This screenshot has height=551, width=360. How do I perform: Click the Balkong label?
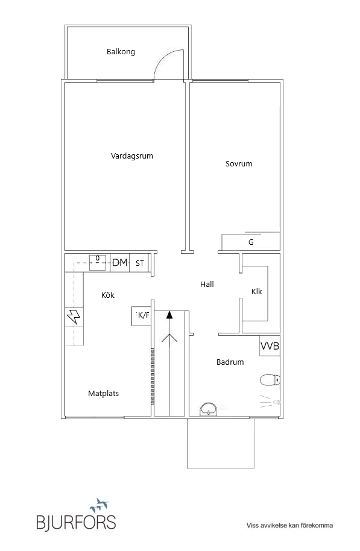point(121,52)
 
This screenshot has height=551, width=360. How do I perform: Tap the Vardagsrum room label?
point(132,156)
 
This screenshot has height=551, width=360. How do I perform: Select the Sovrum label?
point(239,163)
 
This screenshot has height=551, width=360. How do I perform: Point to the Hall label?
point(207,285)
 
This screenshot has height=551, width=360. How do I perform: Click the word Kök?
point(107,295)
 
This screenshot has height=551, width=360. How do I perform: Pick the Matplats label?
point(103,394)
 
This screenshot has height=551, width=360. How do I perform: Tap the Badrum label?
point(230,362)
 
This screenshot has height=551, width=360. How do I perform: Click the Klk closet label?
point(257,291)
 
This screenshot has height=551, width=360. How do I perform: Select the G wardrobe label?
point(251,242)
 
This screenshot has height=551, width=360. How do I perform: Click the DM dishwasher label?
point(120,262)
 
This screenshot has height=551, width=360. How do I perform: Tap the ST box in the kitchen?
point(139,263)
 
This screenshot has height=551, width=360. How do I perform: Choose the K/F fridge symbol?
point(141,316)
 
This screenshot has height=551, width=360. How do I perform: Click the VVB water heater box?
point(270,346)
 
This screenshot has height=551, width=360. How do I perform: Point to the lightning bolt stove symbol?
point(74,316)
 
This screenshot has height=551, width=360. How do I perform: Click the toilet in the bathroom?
point(270,380)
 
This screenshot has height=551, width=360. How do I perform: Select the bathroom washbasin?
point(209,410)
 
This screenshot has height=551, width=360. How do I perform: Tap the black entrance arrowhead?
point(170,315)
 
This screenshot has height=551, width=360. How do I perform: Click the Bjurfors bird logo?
point(99,506)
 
